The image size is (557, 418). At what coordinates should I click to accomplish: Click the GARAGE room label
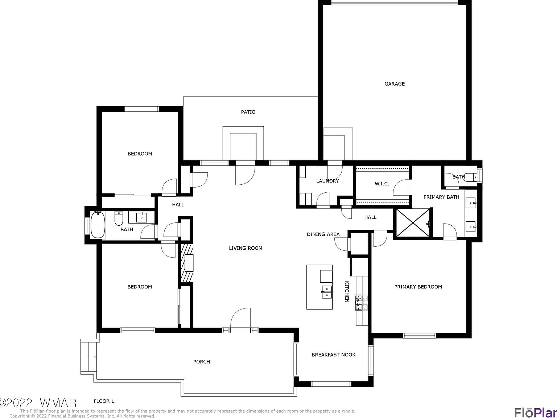[x=394, y=84]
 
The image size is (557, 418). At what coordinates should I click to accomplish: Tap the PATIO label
[x=248, y=112]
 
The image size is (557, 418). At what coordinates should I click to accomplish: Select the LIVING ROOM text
[x=246, y=248]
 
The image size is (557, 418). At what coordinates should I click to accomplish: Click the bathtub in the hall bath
[x=98, y=225]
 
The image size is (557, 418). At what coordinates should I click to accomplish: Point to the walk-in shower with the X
[x=413, y=223]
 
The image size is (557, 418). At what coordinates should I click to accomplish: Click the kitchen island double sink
[x=326, y=292]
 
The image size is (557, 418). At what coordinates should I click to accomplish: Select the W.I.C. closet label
[x=381, y=184]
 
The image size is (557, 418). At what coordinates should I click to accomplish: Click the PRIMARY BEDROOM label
[x=418, y=287]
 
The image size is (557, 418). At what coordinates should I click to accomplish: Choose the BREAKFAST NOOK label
[x=333, y=355]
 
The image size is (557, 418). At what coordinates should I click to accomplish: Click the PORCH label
[x=201, y=362]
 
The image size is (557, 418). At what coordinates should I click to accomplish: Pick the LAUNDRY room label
[x=327, y=181]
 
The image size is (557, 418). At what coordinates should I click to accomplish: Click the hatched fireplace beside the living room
[x=187, y=263]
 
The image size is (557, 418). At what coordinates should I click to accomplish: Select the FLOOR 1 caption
[x=104, y=401]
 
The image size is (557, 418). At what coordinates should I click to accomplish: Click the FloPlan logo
[x=535, y=412]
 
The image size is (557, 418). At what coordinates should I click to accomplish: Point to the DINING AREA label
[x=323, y=234]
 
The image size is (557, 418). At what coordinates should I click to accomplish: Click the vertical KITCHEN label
[x=347, y=291]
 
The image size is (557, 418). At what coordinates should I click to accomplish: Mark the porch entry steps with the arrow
[x=89, y=357]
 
